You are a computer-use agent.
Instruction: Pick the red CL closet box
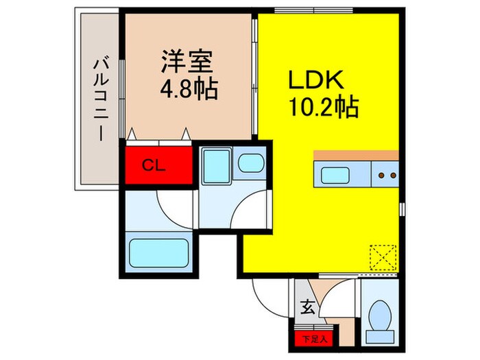[x=157, y=165]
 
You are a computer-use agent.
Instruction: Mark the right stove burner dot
[x=392, y=176]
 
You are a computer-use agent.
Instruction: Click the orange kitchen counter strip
[x=356, y=154]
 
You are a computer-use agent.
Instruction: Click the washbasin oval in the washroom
[x=250, y=165]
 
